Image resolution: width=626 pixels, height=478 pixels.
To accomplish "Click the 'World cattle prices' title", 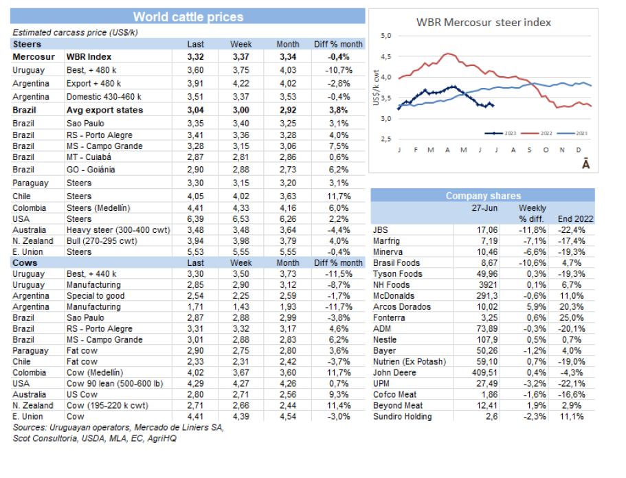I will pyautogui.click(x=188, y=16).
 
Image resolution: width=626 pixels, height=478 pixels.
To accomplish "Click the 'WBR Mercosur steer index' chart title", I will pyautogui.click(x=484, y=22).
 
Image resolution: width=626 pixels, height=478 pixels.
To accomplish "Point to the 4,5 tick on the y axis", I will pyautogui.click(x=386, y=56).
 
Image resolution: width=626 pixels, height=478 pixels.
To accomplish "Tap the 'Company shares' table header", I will pyautogui.click(x=483, y=196).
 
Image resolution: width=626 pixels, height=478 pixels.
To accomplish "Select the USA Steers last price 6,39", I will pyautogui.click(x=196, y=219).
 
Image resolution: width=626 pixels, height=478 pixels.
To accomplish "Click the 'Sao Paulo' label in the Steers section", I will pyautogui.click(x=87, y=123).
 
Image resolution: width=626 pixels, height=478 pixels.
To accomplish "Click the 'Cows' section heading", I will pyautogui.click(x=25, y=262).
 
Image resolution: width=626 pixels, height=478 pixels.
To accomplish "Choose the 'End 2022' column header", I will pyautogui.click(x=577, y=218).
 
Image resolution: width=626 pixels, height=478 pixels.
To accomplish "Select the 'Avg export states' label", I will pyautogui.click(x=104, y=110).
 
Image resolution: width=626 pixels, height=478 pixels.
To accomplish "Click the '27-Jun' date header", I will pyautogui.click(x=484, y=207).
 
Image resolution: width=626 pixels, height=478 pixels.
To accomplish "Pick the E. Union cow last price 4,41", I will pyautogui.click(x=196, y=416).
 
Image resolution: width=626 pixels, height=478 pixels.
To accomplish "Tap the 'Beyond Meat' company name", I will pyautogui.click(x=398, y=406).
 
